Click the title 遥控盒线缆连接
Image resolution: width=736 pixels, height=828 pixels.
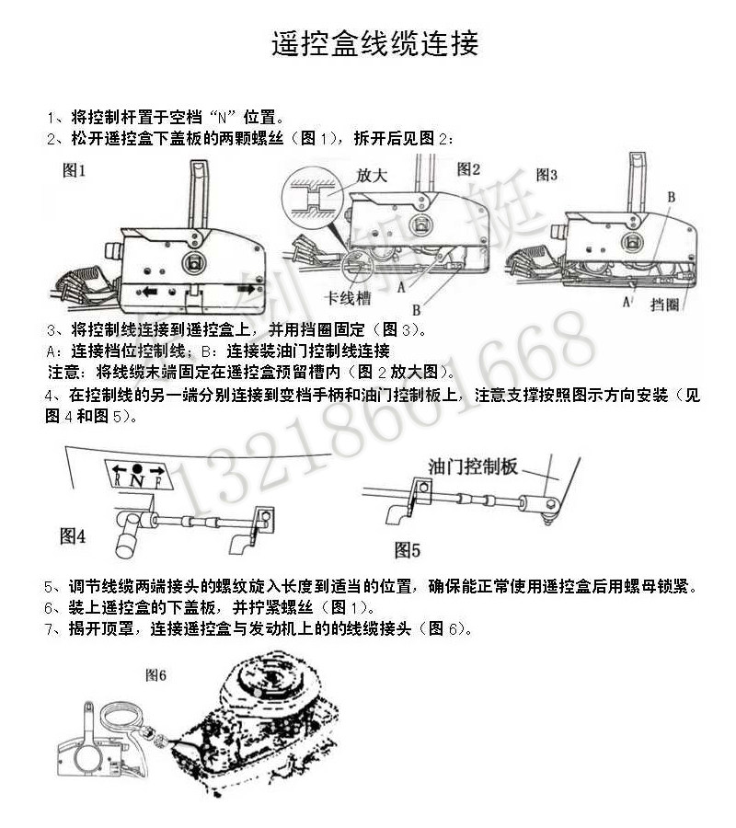[374, 44]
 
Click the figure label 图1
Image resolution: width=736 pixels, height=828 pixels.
[74, 170]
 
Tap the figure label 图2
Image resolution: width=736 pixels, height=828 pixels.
[469, 168]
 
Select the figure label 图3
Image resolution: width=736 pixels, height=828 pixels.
[546, 174]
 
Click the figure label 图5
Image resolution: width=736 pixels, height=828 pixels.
[408, 550]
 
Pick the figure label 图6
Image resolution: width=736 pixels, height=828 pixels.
[155, 674]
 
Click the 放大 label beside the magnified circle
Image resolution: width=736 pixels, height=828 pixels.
[370, 175]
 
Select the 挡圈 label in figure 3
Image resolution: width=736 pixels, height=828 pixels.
[663, 303]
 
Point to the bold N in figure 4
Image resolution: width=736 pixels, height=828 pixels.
[136, 478]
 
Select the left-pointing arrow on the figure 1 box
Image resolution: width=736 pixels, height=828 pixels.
[148, 292]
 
